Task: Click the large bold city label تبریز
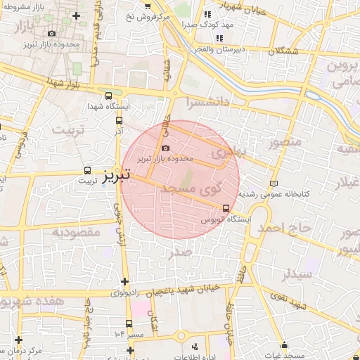pos(116,175)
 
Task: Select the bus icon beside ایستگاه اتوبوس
pos(226,208)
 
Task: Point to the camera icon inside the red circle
pos(165,148)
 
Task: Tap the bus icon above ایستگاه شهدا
pos(108,96)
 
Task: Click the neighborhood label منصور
pos(285,143)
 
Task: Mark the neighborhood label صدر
pos(181,251)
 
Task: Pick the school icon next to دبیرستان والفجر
pos(220,38)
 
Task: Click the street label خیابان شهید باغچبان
pos(185,289)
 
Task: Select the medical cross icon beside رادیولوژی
pos(124,283)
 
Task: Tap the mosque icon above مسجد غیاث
pos(284,346)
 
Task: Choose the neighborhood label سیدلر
pos(296,274)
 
